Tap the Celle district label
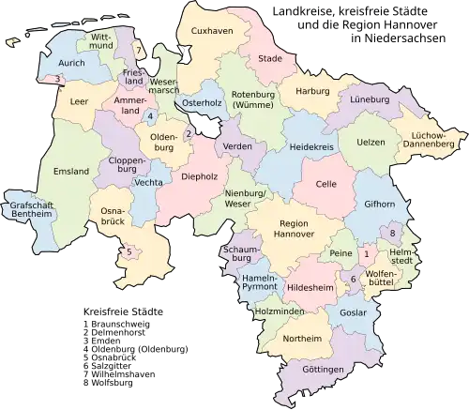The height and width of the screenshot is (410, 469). pyautogui.click(x=325, y=184)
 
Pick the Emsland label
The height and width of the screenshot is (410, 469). pyautogui.click(x=71, y=172)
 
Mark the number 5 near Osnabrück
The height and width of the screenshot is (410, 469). pyautogui.click(x=129, y=251)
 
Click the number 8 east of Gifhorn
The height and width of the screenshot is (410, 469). pyautogui.click(x=392, y=232)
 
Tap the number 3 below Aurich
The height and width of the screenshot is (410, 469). pyautogui.click(x=58, y=79)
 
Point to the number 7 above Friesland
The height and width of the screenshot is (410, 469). pyautogui.click(x=137, y=48)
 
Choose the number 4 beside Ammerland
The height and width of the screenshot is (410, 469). pyautogui.click(x=150, y=115)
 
